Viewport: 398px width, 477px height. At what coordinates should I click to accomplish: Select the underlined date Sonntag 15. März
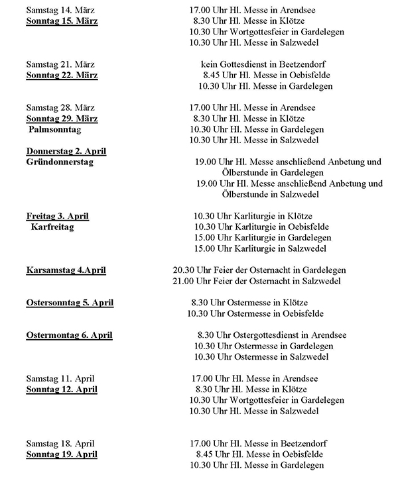[61, 21]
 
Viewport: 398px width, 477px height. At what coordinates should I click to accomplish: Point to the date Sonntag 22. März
[61, 75]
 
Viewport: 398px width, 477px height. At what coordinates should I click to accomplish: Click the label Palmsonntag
[58, 129]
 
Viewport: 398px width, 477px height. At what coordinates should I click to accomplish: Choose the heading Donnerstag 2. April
[66, 150]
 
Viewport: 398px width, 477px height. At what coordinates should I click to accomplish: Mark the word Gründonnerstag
[61, 161]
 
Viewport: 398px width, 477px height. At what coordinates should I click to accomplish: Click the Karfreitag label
[52, 227]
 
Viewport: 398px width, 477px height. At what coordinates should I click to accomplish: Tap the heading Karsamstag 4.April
[66, 270]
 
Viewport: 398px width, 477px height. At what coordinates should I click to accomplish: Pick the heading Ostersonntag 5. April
[70, 303]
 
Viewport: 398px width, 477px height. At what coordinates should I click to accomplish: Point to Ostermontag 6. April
[69, 335]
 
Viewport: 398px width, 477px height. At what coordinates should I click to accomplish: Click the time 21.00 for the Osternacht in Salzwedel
[183, 281]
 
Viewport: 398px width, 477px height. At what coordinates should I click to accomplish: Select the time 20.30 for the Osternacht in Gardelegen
[183, 270]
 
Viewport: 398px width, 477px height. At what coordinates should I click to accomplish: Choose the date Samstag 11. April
[60, 378]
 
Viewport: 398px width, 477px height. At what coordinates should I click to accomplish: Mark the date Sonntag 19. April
[61, 454]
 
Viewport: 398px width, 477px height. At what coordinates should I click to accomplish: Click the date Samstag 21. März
[60, 64]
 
